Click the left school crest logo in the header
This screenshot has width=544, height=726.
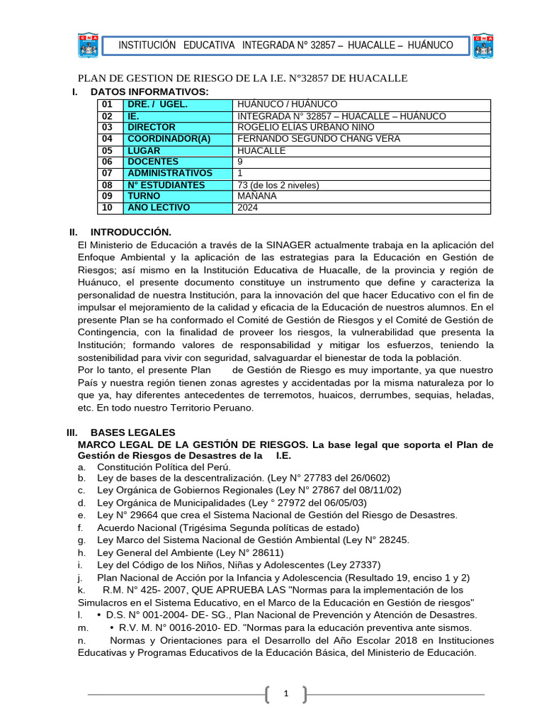click(x=88, y=45)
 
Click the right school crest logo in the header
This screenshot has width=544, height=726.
click(x=483, y=45)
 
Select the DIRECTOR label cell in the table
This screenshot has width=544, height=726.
click(x=151, y=128)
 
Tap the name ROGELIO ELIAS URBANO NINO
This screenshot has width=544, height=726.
click(x=297, y=128)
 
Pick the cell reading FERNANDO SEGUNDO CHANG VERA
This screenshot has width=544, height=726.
click(x=319, y=139)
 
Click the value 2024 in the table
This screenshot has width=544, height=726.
click(x=248, y=208)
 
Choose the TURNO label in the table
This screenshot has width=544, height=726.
click(x=143, y=196)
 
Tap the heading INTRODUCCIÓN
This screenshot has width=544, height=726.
click(x=131, y=232)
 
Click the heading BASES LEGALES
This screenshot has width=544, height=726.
click(x=132, y=432)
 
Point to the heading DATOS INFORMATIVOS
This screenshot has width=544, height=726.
click(x=149, y=92)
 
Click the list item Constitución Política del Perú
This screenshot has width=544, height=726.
click(x=164, y=467)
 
